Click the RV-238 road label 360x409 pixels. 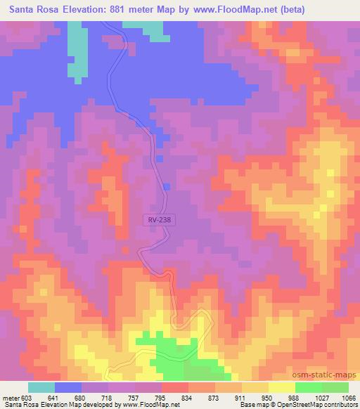[x=159, y=219]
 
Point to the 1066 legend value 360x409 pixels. [x=349, y=397]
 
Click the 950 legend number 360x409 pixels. [x=269, y=397]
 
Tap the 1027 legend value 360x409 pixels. [x=321, y=397]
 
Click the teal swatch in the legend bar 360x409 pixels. [x=41, y=387]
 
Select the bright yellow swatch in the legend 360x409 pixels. [x=282, y=387]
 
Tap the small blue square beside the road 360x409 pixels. [x=167, y=186]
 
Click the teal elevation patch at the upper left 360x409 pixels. [x=75, y=53]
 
